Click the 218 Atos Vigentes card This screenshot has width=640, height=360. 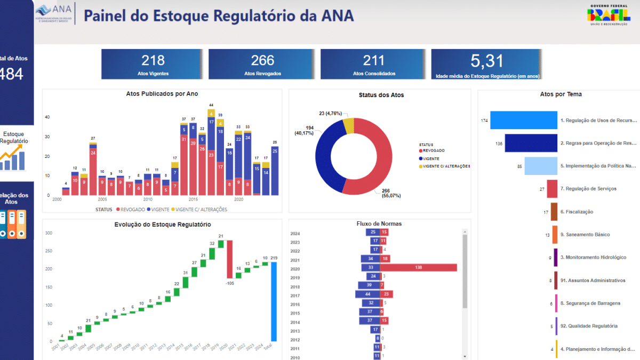(x=153, y=64)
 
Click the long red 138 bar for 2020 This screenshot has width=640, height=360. (x=418, y=268)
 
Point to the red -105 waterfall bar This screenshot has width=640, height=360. (x=230, y=259)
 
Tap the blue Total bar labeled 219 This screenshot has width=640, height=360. (x=274, y=301)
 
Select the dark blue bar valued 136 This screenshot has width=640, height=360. (x=531, y=143)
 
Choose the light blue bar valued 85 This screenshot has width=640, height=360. (x=541, y=166)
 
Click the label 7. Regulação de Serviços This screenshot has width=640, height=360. (x=588, y=189)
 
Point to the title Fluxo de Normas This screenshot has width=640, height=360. (x=379, y=223)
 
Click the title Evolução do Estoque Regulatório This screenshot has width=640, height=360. (x=163, y=225)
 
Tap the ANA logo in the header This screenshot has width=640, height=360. (x=54, y=13)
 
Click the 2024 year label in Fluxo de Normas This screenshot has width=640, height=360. (x=295, y=233)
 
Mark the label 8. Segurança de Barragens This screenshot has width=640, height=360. (x=590, y=303)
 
